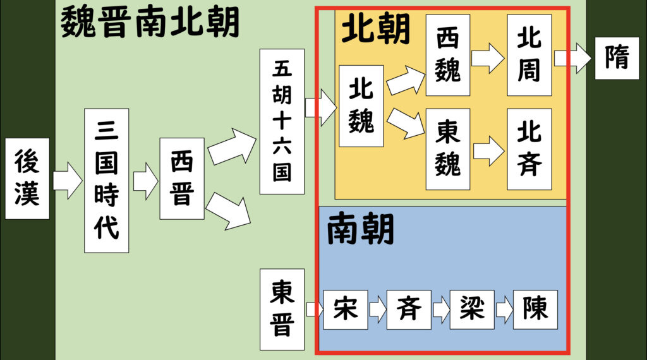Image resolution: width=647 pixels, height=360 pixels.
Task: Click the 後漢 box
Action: tap(27, 179)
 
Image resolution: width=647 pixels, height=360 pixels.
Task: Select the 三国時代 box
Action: tap(106, 181)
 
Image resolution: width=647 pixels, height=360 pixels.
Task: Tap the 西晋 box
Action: tap(181, 179)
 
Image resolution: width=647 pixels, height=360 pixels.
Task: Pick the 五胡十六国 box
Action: tap(282, 121)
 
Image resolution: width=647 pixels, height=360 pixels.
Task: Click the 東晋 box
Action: tap(282, 309)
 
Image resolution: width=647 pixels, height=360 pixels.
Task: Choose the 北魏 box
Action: tap(361, 106)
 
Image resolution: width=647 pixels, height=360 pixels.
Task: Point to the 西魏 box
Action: tap(447, 55)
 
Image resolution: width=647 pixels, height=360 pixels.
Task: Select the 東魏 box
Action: tap(447, 149)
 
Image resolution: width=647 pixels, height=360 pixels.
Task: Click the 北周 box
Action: tap(529, 55)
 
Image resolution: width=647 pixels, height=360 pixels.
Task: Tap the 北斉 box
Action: tap(529, 149)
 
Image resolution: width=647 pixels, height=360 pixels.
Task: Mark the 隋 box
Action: tap(616, 58)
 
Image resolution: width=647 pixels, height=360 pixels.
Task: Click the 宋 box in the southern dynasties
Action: tap(345, 309)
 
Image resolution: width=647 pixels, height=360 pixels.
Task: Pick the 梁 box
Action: tap(471, 309)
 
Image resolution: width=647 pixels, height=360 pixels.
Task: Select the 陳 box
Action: tap(535, 309)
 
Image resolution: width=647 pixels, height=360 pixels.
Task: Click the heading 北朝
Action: tap(376, 28)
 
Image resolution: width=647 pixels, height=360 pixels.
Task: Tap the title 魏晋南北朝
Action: tap(150, 23)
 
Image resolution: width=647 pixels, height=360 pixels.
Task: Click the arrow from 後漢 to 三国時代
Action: tap(67, 179)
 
